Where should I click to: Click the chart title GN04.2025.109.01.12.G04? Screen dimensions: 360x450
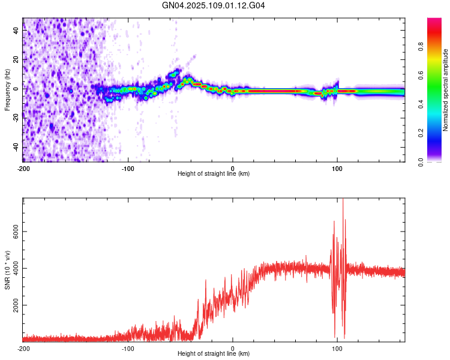coord(214,5)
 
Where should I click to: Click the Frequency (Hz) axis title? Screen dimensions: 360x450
coord(7,90)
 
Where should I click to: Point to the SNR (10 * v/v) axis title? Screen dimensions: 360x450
coord(7,270)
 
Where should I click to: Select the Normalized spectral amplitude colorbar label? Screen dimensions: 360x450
coord(446,90)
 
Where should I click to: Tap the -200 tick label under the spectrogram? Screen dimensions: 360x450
coord(23,168)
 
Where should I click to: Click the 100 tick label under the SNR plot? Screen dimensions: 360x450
coord(337,348)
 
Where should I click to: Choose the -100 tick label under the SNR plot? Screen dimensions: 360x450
coord(128,348)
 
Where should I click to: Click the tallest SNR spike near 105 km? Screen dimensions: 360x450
coord(343,201)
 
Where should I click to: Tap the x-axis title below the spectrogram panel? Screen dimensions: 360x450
coord(214,174)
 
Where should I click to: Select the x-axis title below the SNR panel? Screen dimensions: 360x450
coord(214,354)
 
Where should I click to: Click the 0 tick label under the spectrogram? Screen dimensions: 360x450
coord(233,168)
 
